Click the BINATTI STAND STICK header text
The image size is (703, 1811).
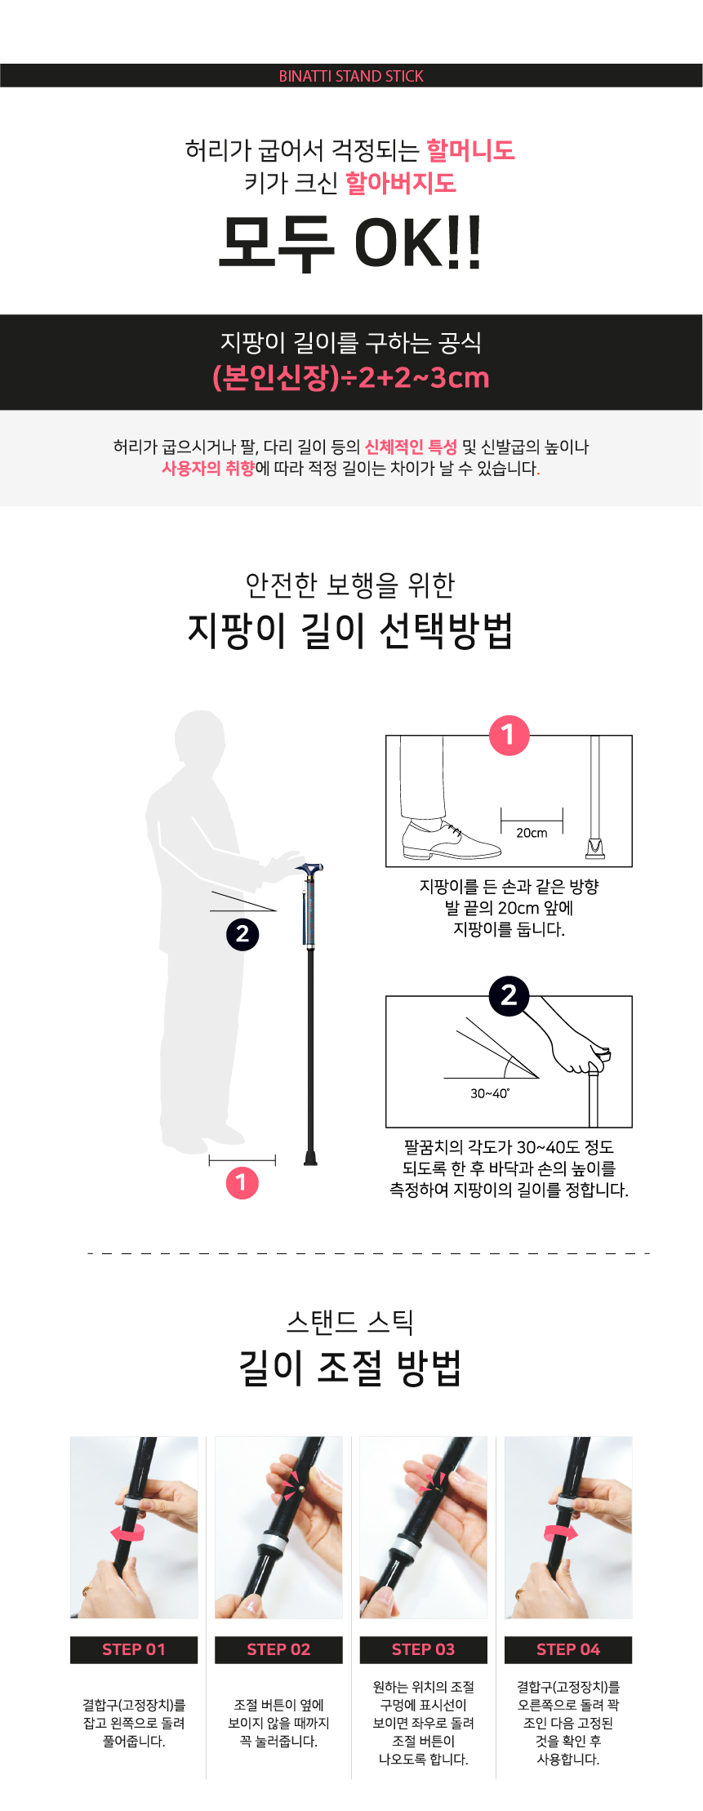(x=351, y=76)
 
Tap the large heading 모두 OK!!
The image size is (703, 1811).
(x=351, y=243)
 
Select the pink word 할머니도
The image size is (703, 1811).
(x=470, y=150)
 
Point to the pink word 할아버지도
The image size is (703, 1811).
(x=400, y=183)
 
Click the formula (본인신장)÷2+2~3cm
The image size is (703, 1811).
(x=351, y=377)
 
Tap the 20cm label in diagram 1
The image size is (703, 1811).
(x=532, y=833)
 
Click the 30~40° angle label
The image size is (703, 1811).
(x=490, y=1093)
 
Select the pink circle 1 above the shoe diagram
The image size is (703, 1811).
(x=509, y=735)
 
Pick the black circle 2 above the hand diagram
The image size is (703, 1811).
(x=509, y=995)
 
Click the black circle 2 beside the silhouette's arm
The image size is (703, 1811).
(x=242, y=934)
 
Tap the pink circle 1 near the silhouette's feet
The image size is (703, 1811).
(x=242, y=1182)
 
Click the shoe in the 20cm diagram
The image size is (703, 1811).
(x=451, y=840)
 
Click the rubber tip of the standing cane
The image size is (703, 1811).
(x=310, y=1157)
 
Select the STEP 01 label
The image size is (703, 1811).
(x=134, y=1649)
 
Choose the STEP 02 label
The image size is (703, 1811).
(x=278, y=1649)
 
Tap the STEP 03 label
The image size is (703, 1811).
(x=424, y=1649)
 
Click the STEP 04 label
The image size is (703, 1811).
(x=568, y=1649)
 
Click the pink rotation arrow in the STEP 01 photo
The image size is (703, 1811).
(x=127, y=1532)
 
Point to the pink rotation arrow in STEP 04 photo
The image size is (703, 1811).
(x=561, y=1532)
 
